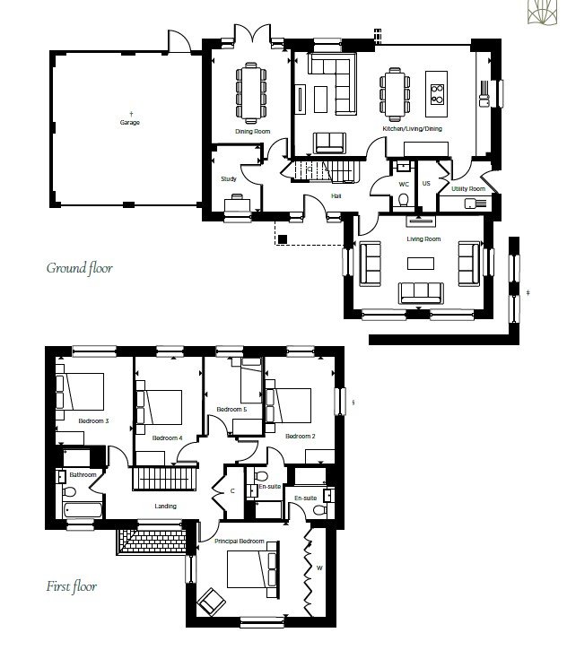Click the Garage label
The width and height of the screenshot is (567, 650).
tap(130, 123)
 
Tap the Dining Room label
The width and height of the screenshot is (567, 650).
tap(253, 132)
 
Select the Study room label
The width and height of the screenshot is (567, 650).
tap(229, 179)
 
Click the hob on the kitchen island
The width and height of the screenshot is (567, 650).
tap(437, 93)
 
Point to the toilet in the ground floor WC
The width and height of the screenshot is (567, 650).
tap(403, 200)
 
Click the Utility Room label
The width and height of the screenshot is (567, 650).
tap(468, 188)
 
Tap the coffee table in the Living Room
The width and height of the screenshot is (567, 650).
tap(421, 264)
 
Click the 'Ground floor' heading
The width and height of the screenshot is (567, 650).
tap(79, 268)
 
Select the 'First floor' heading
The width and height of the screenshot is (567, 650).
tap(72, 586)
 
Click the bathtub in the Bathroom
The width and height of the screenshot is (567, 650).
tap(83, 510)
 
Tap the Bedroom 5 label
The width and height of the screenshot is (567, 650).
tap(231, 409)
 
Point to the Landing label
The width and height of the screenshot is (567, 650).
tap(165, 507)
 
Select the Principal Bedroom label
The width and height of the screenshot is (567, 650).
tap(240, 541)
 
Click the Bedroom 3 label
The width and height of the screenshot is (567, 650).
tap(93, 421)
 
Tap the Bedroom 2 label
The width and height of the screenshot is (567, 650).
tap(301, 436)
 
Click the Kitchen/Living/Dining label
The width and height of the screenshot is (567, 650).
tap(412, 129)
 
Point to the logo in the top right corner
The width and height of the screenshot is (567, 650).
tap(542, 11)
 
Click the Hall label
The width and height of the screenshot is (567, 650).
tap(336, 196)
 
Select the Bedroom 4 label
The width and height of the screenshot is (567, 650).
tap(167, 438)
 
